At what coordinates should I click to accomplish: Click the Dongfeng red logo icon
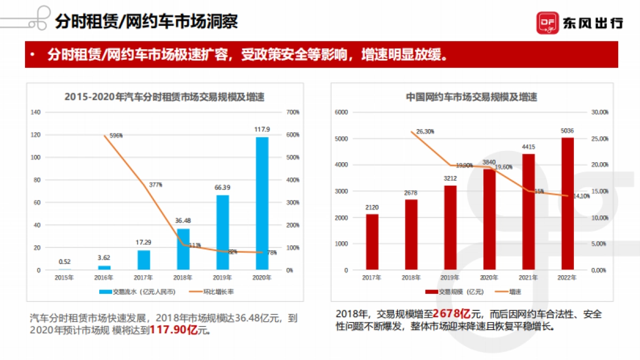click(x=547, y=22)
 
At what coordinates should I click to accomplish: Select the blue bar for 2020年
click(x=262, y=203)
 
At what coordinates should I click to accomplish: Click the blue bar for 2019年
click(x=223, y=232)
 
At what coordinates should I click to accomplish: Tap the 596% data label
click(x=116, y=135)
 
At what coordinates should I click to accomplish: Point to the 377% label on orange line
click(x=155, y=185)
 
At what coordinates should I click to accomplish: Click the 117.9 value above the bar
click(x=261, y=129)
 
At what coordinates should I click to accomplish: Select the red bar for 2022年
click(x=567, y=203)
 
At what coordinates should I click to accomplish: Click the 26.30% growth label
click(x=425, y=131)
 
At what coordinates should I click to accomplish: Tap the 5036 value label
click(x=567, y=130)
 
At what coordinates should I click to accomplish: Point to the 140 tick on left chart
click(x=36, y=112)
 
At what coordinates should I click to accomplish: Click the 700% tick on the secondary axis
click(x=293, y=112)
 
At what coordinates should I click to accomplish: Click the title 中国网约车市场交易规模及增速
click(x=471, y=97)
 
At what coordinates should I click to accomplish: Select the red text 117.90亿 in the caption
click(x=174, y=330)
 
